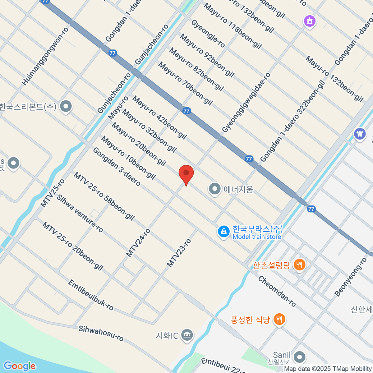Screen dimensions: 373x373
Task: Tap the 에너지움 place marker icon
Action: tap(214, 189)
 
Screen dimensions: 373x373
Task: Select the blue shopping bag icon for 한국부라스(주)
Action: tap(223, 232)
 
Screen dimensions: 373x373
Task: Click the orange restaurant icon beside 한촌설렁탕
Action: tap(299, 265)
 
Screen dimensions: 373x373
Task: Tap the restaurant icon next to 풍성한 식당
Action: tap(279, 319)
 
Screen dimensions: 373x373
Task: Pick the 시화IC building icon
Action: tap(187, 335)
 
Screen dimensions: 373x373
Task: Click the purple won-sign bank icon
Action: tap(360, 134)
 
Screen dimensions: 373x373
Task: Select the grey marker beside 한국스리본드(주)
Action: tap(66, 107)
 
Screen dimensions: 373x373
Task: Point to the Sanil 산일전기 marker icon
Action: tap(299, 357)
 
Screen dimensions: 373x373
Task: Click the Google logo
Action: tap(20, 366)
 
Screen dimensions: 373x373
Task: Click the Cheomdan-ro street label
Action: tap(277, 291)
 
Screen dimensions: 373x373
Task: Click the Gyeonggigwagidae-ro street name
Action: tap(246, 103)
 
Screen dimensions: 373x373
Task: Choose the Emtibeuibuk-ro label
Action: tap(91, 295)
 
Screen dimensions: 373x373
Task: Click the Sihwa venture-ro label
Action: tap(80, 213)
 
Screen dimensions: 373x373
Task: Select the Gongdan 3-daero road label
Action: tap(117, 167)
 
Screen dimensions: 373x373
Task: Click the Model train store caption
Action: tap(257, 237)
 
